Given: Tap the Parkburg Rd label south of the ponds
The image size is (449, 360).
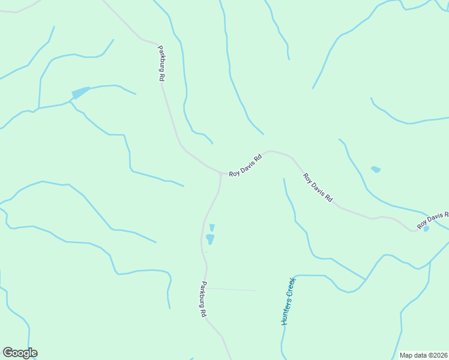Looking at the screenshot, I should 203,299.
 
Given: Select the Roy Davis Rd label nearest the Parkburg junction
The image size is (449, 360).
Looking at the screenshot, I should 246,166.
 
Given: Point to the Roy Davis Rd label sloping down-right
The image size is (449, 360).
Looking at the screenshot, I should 318,187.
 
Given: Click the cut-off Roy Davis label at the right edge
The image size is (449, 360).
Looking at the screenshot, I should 433,220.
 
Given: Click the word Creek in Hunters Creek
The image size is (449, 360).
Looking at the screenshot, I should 292,286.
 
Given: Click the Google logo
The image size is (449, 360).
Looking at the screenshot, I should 20,353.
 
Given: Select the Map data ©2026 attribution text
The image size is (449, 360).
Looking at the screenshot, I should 424,355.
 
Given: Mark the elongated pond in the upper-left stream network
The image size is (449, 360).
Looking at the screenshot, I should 80,92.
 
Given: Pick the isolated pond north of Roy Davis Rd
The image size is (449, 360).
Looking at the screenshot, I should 376,169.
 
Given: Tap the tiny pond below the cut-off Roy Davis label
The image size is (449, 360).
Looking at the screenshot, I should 426,229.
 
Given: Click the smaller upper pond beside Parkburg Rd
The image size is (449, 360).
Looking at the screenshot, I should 212,227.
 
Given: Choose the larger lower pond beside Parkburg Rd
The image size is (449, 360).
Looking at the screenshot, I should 210,239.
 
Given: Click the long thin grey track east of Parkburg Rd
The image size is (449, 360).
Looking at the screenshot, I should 234,289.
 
